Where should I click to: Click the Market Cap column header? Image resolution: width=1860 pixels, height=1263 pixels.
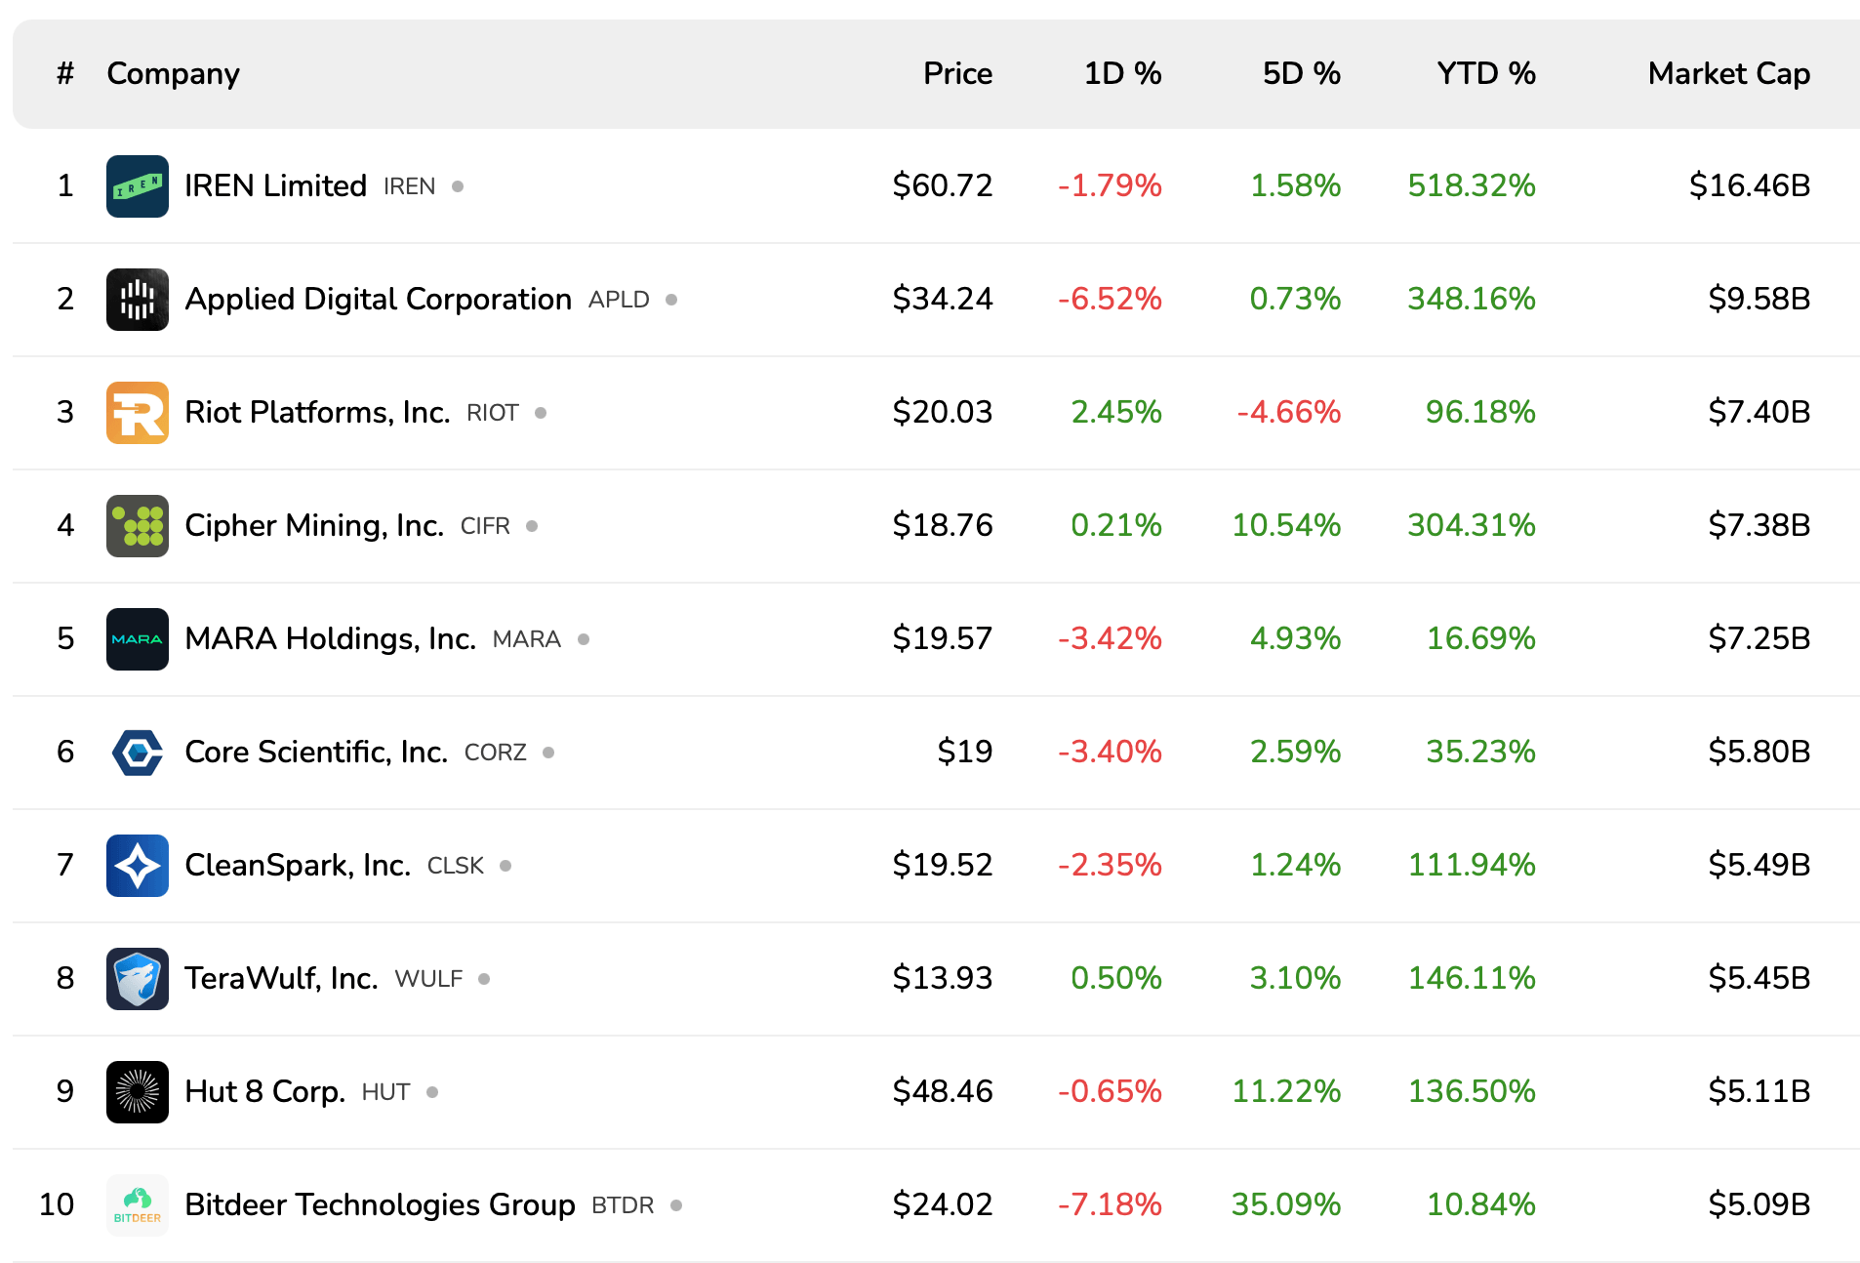[x=1728, y=73]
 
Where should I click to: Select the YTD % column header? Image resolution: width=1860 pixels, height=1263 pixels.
[x=1485, y=73]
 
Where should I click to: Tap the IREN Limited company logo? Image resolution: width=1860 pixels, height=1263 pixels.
[x=137, y=185]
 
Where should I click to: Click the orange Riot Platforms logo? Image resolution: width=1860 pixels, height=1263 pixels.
[x=137, y=412]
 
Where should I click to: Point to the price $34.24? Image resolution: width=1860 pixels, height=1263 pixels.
[x=942, y=299]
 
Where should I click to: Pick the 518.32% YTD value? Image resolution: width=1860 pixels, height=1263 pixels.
[x=1471, y=185]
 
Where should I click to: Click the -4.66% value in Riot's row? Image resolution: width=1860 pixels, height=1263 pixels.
[x=1288, y=412]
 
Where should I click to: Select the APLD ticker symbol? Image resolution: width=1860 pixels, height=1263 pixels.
[x=619, y=300]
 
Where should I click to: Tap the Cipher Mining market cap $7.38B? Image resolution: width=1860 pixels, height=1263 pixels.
[x=1759, y=525]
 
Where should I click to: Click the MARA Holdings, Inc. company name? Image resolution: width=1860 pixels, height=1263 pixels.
[x=330, y=638]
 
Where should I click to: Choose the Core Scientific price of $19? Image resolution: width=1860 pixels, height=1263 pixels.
[x=964, y=752]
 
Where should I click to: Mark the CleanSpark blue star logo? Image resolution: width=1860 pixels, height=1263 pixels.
[x=137, y=865]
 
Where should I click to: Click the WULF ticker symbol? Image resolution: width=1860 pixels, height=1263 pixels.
[x=428, y=979]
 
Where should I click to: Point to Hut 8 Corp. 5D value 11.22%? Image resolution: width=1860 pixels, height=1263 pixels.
[x=1285, y=1091]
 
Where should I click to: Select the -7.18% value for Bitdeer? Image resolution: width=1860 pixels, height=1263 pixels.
[x=1110, y=1204]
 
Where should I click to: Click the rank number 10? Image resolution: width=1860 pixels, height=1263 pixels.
[x=57, y=1204]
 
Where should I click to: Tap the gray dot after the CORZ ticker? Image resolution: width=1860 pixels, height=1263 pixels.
[x=548, y=753]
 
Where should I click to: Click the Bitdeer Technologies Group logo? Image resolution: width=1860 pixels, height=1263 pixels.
[x=137, y=1204]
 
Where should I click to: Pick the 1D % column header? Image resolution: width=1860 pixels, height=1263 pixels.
[x=1122, y=73]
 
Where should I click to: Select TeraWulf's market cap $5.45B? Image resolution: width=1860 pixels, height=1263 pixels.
[x=1759, y=978]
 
